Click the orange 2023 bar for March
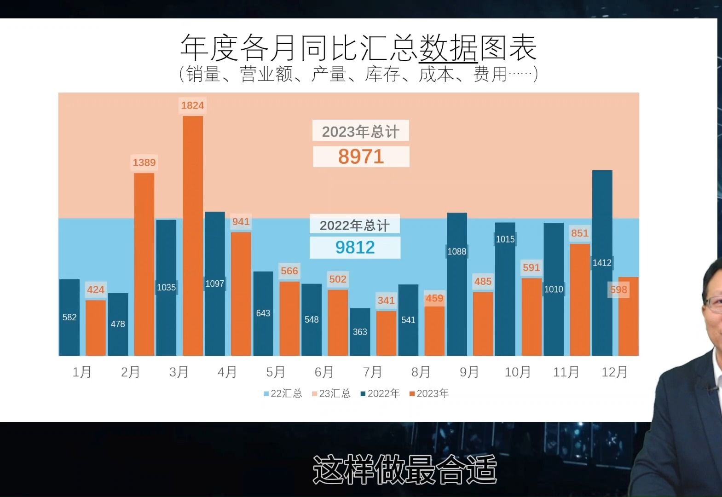pyautogui.click(x=193, y=235)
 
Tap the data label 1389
pyautogui.click(x=144, y=162)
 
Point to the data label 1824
pyautogui.click(x=192, y=105)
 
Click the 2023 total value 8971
pyautogui.click(x=361, y=156)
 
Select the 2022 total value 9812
pyautogui.click(x=355, y=248)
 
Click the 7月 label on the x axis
pyautogui.click(x=372, y=372)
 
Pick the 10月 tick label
pyautogui.click(x=517, y=372)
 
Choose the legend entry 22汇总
pyautogui.click(x=283, y=393)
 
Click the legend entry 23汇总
pyautogui.click(x=331, y=393)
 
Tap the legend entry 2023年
pyautogui.click(x=429, y=393)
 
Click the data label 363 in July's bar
pyautogui.click(x=360, y=332)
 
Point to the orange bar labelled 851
pyautogui.click(x=580, y=299)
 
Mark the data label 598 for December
pyautogui.click(x=618, y=289)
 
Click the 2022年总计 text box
pyautogui.click(x=354, y=225)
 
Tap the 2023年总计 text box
pyautogui.click(x=360, y=132)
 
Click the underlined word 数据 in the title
pyautogui.click(x=448, y=47)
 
